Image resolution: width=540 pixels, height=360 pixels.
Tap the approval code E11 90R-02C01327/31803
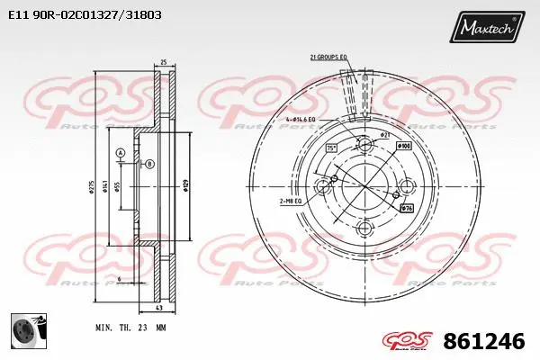tap(78, 15)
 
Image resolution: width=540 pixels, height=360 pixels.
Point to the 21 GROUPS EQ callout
tap(328, 57)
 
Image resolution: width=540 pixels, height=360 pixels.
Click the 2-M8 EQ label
tap(292, 201)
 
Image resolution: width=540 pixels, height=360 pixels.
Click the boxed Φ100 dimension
tap(403, 145)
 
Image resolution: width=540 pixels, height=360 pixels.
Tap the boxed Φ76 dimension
tap(406, 209)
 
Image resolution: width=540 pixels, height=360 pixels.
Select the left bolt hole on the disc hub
tap(323, 186)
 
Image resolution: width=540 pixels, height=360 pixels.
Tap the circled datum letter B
tap(149, 163)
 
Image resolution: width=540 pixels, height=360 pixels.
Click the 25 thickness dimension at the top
tap(162, 63)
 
